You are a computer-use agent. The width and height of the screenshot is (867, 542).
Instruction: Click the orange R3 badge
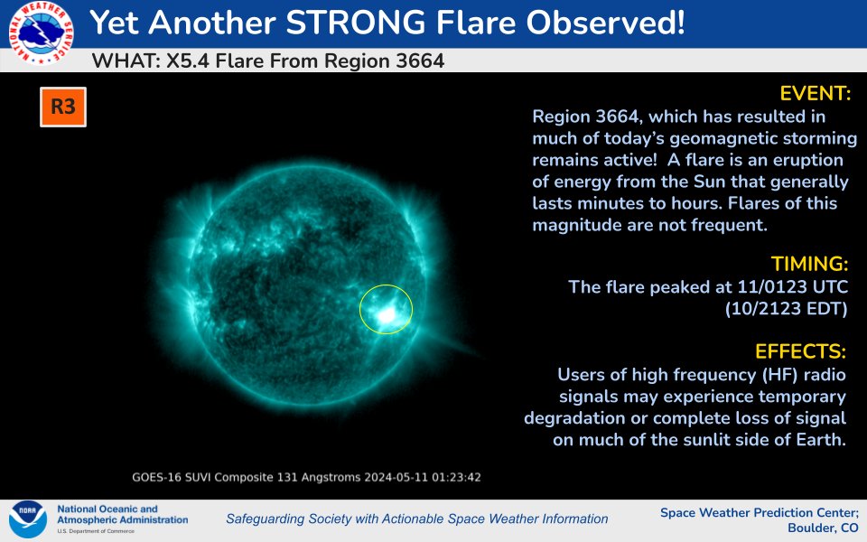62,107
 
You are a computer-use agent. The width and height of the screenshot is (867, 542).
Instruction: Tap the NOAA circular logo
28,519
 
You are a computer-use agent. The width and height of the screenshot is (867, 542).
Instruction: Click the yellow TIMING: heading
809,264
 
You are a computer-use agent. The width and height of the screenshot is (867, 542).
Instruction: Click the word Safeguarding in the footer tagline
267,519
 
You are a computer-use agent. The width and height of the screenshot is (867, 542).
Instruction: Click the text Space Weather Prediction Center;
759,512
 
